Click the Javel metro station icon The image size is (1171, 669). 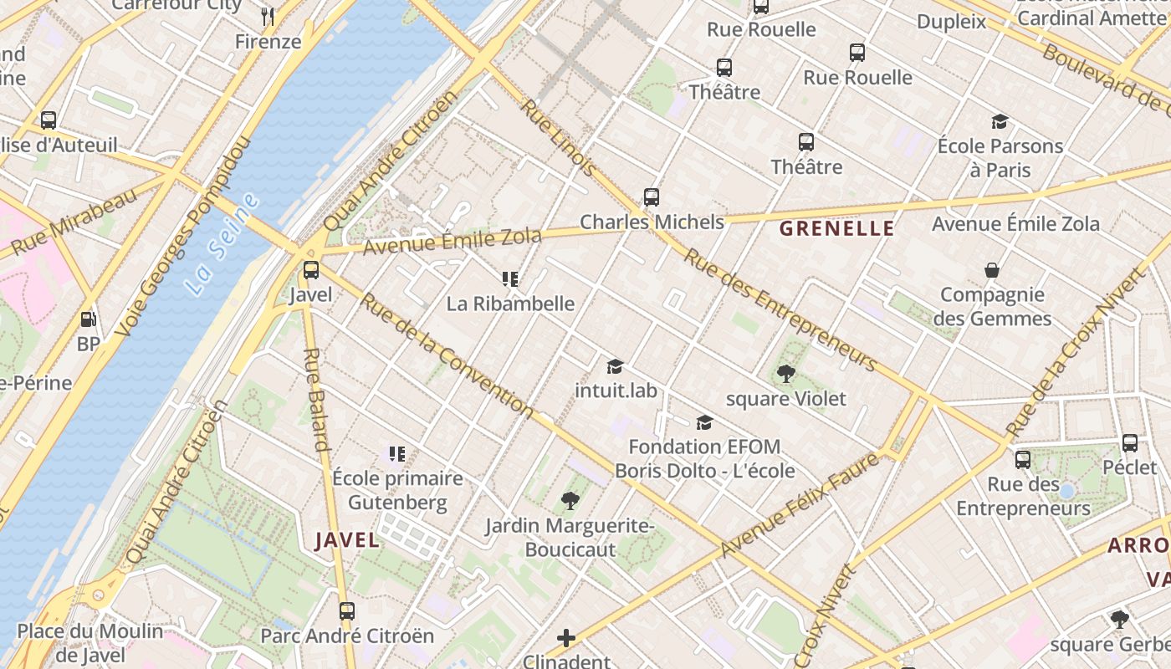[311, 270]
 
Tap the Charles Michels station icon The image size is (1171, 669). [652, 197]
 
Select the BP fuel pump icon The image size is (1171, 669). [88, 319]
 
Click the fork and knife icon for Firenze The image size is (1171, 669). [268, 16]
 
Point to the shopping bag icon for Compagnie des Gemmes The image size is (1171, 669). [992, 270]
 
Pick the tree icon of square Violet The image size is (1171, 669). [785, 374]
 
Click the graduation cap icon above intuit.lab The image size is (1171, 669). [616, 366]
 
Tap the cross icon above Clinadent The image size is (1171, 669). [566, 638]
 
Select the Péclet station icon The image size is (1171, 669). [1130, 443]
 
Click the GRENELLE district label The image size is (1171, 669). [836, 228]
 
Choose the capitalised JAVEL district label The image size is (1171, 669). [347, 540]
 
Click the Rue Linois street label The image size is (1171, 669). [560, 138]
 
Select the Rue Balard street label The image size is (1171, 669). [316, 400]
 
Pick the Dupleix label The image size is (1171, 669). [952, 22]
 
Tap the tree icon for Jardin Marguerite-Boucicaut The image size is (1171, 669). [570, 501]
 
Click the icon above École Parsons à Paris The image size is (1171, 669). [1000, 122]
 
